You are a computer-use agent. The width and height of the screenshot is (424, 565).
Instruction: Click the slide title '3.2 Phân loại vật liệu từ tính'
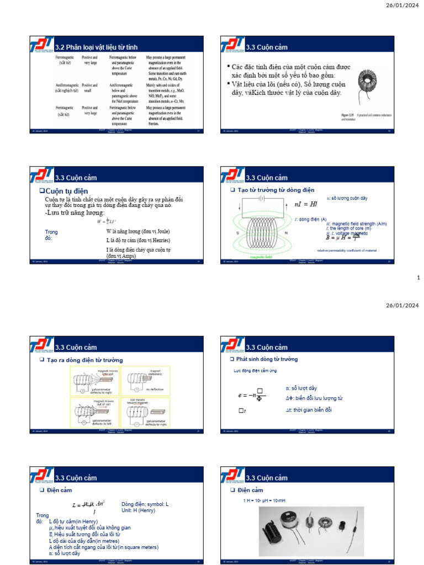click(96, 47)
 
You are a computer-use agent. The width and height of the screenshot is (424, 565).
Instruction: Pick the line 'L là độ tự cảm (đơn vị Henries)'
click(138, 241)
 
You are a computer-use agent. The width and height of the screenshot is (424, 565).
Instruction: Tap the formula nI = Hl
click(306, 204)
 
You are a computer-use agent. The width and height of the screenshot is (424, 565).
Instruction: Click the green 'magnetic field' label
click(261, 257)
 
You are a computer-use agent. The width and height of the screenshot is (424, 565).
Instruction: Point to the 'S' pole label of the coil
click(237, 233)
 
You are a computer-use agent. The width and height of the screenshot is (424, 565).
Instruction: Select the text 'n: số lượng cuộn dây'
click(347, 198)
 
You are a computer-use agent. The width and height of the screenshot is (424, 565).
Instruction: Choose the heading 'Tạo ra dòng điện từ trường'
click(88, 360)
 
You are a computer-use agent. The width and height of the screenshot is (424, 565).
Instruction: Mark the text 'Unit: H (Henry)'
click(139, 510)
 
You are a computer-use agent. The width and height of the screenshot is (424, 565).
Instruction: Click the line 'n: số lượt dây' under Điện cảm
click(65, 553)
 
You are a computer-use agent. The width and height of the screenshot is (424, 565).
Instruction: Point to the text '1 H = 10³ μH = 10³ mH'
click(264, 500)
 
